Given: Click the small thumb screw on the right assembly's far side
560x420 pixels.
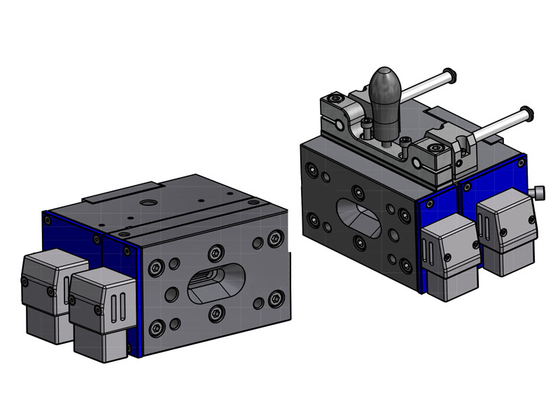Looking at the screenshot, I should coord(539,191).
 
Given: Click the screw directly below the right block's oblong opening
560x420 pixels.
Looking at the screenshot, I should coord(358,243).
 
